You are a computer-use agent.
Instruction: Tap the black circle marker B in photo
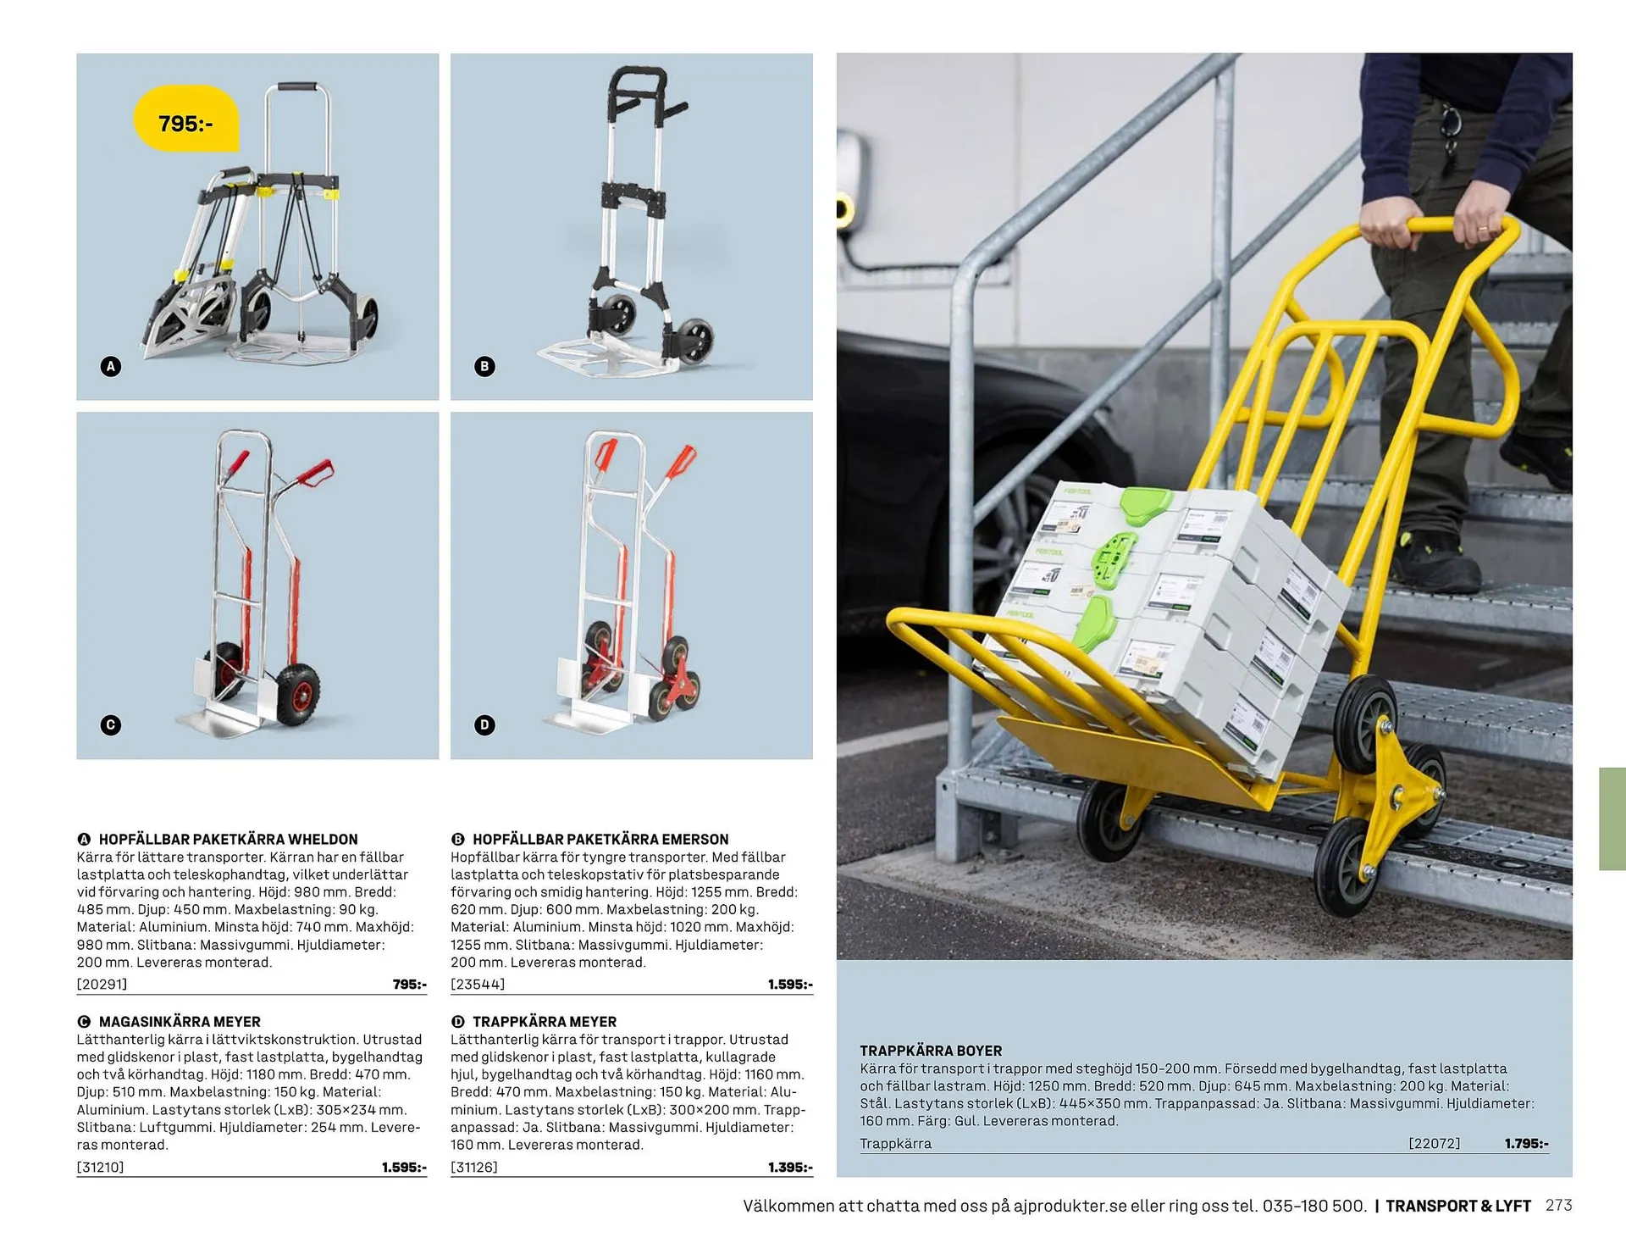(484, 367)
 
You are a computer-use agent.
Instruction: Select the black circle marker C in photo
(111, 725)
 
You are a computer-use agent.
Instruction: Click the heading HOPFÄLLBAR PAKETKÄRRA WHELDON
(228, 839)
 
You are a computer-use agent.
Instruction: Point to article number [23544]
(478, 985)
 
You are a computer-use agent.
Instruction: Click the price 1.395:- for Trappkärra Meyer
(789, 1167)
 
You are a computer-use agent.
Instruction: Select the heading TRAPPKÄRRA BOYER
(931, 1051)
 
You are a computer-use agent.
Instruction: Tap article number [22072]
(1434, 1143)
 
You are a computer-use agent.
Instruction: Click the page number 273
(1558, 1206)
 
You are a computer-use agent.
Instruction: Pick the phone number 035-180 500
(1314, 1206)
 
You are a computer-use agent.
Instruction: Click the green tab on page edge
(1612, 818)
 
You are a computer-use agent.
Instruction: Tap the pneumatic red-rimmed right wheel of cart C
(297, 693)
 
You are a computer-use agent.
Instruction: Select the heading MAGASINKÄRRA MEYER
(180, 1022)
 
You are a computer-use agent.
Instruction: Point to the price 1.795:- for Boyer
(1526, 1143)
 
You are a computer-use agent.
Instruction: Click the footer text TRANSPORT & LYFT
(1457, 1206)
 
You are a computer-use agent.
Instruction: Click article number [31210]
(101, 1167)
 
